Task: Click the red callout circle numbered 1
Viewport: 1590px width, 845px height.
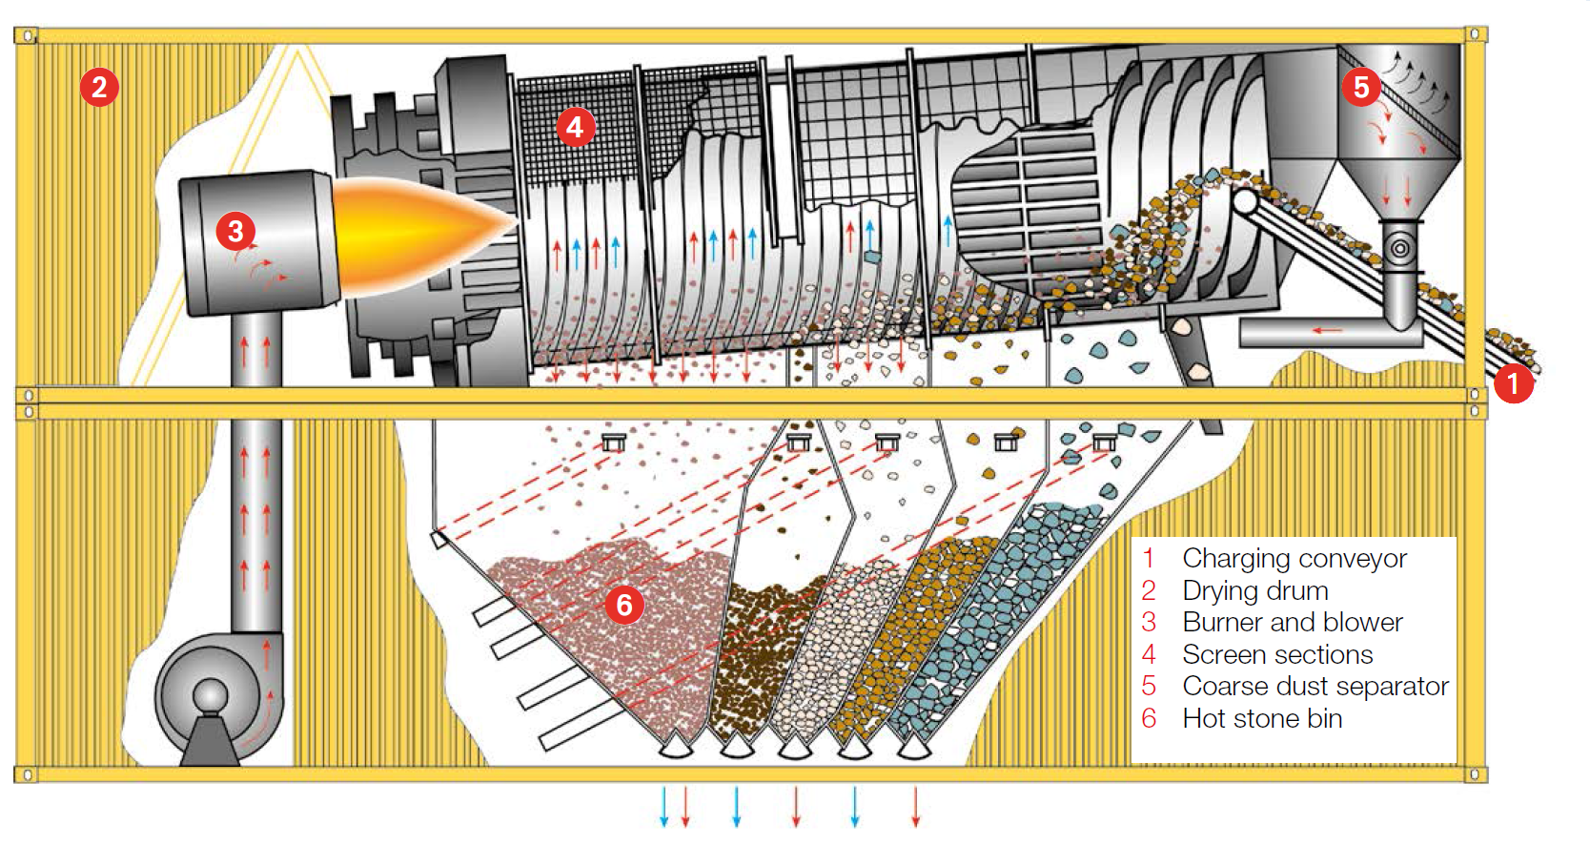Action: [x=1513, y=384]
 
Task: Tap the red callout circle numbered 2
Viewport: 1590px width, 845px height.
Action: [x=99, y=87]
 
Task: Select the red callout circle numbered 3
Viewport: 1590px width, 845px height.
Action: [x=235, y=230]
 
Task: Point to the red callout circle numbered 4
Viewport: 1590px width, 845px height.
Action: [x=575, y=127]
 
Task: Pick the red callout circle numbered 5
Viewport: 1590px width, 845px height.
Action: [x=1361, y=87]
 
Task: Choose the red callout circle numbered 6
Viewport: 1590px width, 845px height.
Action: [x=624, y=605]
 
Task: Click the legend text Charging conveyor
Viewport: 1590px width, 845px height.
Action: [x=1294, y=558]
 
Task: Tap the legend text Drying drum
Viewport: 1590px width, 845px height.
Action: [x=1255, y=590]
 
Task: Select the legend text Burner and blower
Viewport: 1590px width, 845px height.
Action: [x=1293, y=622]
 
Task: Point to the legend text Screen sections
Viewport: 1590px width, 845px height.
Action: [x=1277, y=654]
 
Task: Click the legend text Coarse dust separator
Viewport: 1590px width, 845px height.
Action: [x=1315, y=686]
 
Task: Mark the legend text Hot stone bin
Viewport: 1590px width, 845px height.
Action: [x=1262, y=718]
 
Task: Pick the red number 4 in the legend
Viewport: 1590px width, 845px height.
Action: [x=1150, y=654]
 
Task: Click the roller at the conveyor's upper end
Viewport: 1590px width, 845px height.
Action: [x=1245, y=201]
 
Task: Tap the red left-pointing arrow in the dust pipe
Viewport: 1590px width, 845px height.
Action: [x=1327, y=331]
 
